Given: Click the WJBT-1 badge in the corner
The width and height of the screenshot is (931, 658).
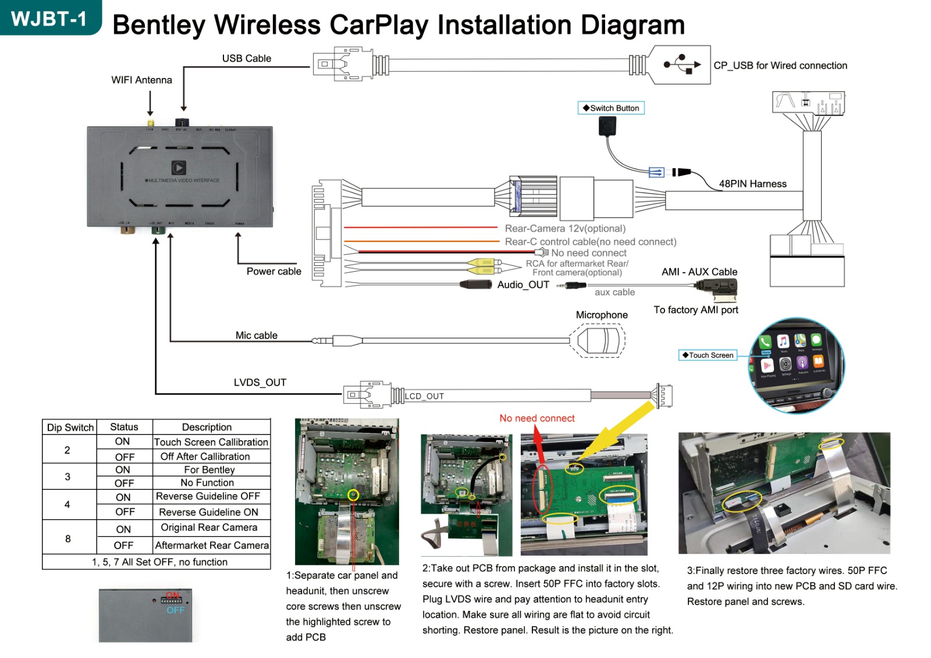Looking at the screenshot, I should (x=49, y=19).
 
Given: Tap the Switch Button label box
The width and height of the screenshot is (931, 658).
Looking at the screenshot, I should (x=611, y=108).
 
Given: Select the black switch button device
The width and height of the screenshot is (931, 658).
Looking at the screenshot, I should (x=607, y=126).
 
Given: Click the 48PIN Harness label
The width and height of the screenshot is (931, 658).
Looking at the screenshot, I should (x=752, y=184).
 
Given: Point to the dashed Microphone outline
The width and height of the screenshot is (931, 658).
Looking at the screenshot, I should (x=598, y=340).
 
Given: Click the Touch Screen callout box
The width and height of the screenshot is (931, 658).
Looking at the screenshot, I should (x=708, y=355).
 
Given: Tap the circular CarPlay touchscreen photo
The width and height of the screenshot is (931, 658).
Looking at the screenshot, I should (x=795, y=365).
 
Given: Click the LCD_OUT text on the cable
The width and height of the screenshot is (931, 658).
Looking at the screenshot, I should (x=424, y=396).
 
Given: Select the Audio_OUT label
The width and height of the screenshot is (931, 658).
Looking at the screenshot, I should (x=523, y=284).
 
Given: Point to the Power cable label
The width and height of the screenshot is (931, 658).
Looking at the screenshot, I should (x=273, y=271).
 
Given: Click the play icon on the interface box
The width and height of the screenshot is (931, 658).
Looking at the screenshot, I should (x=179, y=168).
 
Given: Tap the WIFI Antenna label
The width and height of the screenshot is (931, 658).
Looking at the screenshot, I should (x=141, y=80).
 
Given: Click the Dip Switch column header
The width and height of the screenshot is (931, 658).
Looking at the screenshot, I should (x=70, y=428).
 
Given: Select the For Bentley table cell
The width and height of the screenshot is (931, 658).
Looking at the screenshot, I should (x=209, y=470).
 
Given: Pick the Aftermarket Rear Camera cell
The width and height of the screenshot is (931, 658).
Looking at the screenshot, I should (x=212, y=545).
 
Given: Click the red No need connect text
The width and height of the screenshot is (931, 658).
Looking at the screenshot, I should (x=536, y=418).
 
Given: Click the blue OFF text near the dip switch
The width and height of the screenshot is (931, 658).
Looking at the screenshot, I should (x=175, y=610).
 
